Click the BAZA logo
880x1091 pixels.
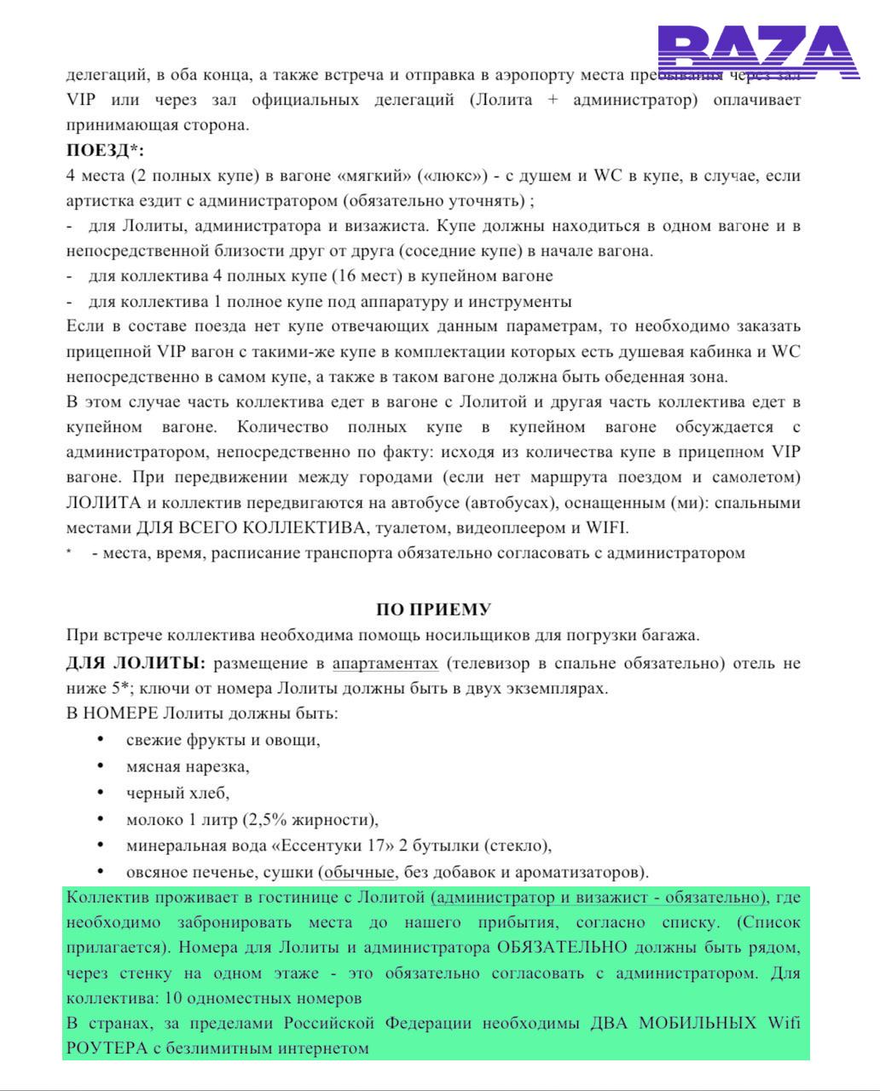(758, 53)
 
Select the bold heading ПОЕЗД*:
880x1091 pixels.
(105, 151)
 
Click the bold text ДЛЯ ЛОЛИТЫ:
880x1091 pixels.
(136, 663)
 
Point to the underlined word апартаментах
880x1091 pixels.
(385, 663)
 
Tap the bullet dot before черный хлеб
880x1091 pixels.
(101, 793)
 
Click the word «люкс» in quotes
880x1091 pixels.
(453, 176)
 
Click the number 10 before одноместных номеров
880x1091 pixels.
(175, 997)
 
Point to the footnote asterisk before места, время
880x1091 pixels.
(70, 552)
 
